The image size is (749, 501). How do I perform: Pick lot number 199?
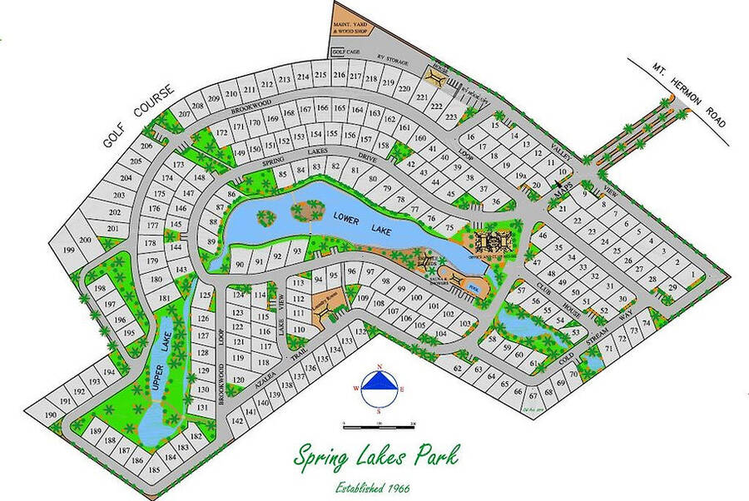click(69, 250)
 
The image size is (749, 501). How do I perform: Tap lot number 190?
click(51, 414)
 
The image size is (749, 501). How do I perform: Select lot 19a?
click(521, 176)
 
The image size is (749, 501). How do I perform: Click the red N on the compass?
click(379, 367)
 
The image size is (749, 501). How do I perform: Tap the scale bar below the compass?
click(379, 427)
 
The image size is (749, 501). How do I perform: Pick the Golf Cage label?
click(344, 51)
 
